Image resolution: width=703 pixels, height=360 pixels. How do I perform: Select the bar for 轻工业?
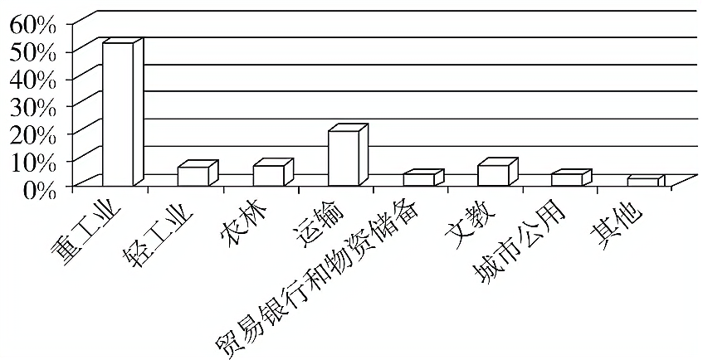pos(193,176)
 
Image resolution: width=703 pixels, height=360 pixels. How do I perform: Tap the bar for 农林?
pos(268,175)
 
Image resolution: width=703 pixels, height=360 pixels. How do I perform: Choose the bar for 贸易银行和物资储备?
pos(418,179)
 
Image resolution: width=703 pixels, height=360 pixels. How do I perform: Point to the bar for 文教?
pos(493,175)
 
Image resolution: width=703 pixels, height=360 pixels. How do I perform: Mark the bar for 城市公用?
pos(567,179)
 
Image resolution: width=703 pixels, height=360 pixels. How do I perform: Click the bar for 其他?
pos(642,182)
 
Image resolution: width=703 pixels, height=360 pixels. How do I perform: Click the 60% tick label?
pos(32,24)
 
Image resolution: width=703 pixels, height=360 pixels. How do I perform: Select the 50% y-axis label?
pos(32,51)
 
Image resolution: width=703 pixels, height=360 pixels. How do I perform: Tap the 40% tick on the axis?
pos(32,79)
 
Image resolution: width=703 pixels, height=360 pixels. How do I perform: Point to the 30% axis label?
pos(32,106)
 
